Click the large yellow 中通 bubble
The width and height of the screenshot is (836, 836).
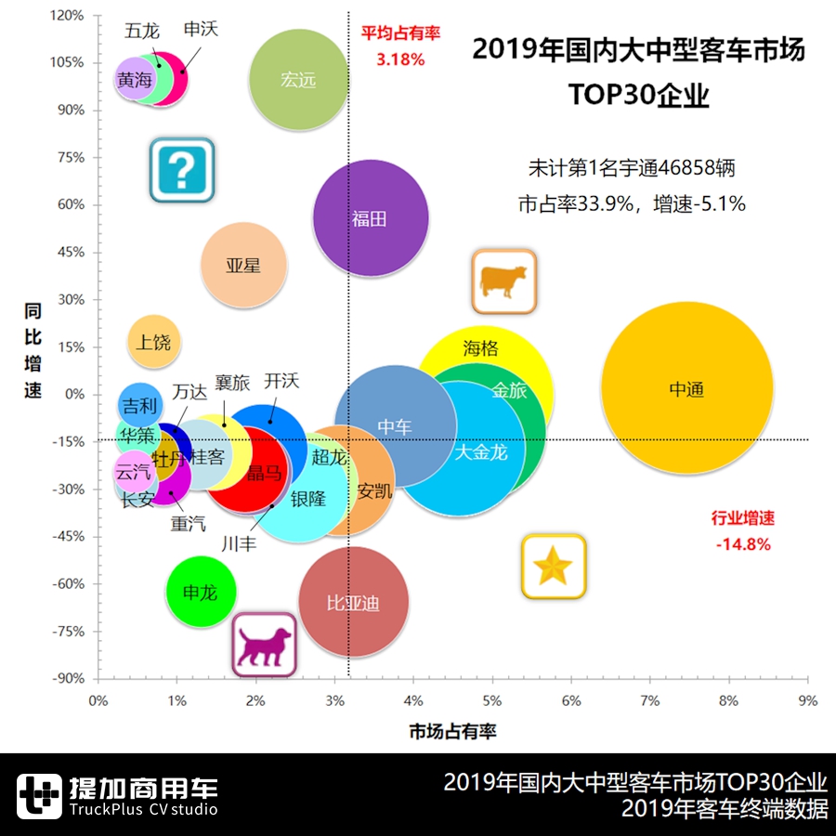tap(686, 390)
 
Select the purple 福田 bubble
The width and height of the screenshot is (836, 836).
tap(370, 218)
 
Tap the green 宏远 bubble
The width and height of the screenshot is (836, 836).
tap(298, 80)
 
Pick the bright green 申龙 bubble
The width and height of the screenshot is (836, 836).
tap(201, 592)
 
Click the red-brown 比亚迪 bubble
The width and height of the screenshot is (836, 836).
tap(353, 603)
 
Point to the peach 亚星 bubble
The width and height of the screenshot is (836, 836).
tap(243, 265)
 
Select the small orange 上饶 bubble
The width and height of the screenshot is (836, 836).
tap(154, 342)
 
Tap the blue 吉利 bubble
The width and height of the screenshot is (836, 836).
tap(140, 405)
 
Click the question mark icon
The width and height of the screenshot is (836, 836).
tap(182, 170)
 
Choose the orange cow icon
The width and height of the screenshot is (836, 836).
tap(503, 281)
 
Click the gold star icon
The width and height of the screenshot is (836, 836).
tap(553, 566)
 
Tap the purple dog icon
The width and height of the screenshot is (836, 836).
tap(264, 644)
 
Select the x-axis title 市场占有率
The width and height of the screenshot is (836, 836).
tap(452, 732)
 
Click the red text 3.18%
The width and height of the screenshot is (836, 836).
tap(400, 59)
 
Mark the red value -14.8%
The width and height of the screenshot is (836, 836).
tap(743, 544)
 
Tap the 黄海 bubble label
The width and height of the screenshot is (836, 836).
tap(134, 81)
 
